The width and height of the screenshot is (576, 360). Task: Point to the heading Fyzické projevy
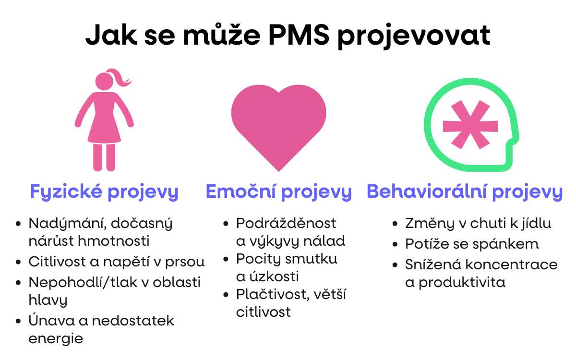tap(104, 192)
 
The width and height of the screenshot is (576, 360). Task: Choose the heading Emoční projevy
tap(278, 192)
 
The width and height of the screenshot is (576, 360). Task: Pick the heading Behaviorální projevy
tap(465, 192)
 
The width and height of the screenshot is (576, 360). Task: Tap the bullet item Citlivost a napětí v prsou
tap(117, 262)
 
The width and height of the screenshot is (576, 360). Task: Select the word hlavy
tap(48, 300)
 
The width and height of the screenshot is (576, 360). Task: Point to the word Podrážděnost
tap(286, 224)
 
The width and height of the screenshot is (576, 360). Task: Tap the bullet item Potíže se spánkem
tap(472, 244)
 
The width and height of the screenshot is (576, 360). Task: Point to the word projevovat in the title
tap(413, 36)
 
